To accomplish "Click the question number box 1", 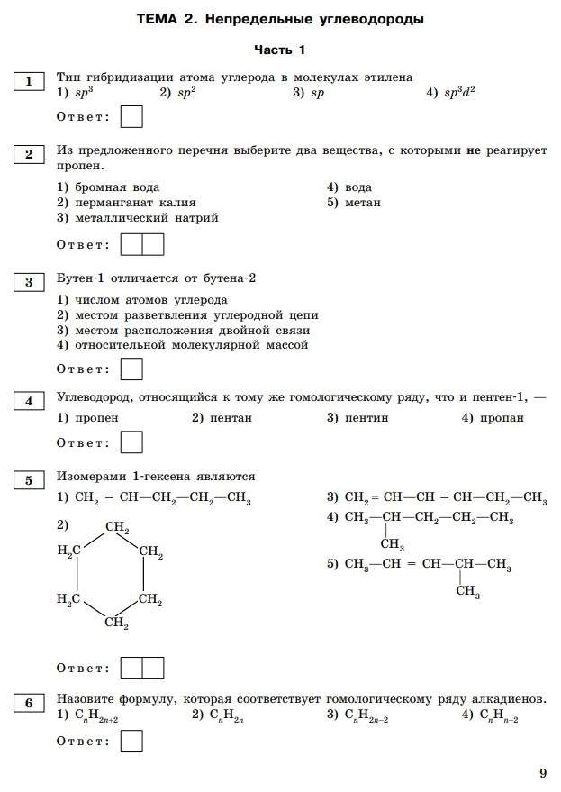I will coord(29,82).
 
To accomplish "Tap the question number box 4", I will coord(29,401).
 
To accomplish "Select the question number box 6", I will coord(29,703).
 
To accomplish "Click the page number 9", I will coord(542,772).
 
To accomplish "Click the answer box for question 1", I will coord(131,117).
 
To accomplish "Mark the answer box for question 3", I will coord(131,369).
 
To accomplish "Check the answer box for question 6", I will coord(131,742).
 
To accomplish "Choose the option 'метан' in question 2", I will coord(362,203).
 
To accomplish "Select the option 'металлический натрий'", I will coord(143,218).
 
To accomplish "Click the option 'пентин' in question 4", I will coord(366,418).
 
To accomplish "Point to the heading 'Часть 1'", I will coord(279,50).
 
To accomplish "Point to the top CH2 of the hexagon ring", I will coord(117,528).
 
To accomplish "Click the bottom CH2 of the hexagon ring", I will coord(117,623).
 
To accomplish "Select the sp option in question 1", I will coord(316,93).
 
